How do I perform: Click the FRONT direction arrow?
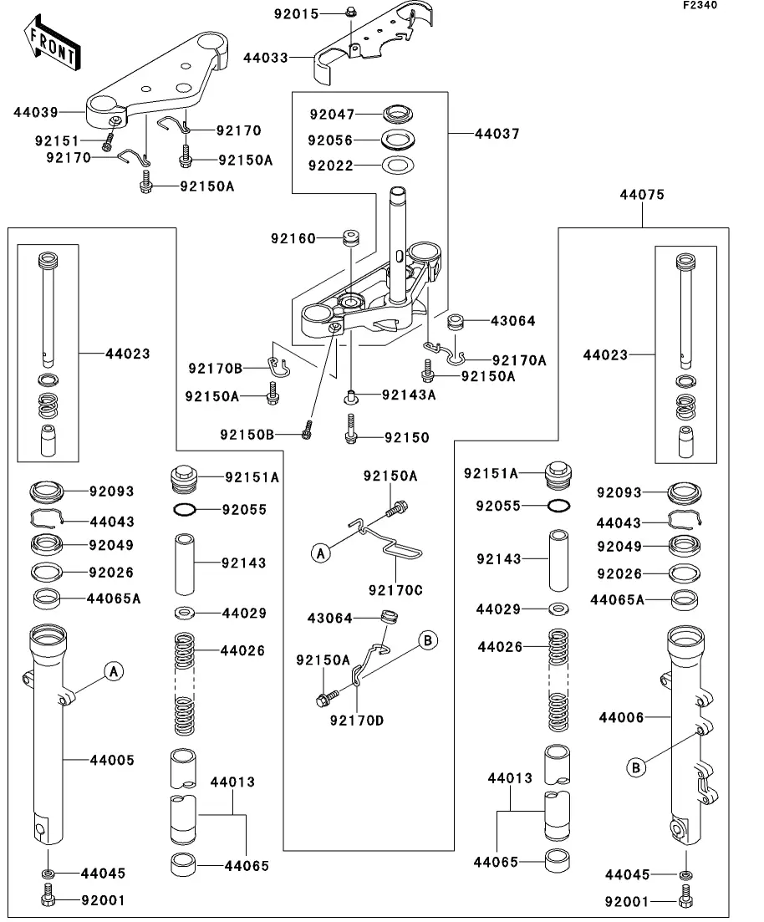pos(53,43)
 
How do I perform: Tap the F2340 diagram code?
pos(700,5)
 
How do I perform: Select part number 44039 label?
pos(36,112)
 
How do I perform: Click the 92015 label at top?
pos(297,13)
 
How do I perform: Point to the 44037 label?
pos(497,134)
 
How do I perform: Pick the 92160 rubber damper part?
pos(351,238)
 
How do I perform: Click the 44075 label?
pos(642,195)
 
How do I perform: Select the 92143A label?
pos(409,395)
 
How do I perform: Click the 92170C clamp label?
pos(395,590)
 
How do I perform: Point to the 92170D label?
pos(357,721)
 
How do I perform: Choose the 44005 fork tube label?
pos(112,761)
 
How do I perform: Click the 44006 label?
pos(622,717)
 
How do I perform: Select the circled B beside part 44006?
pos(636,768)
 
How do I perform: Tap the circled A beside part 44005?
pos(114,671)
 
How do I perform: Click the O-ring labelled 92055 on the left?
pos(187,510)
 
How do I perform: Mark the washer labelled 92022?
pos(398,166)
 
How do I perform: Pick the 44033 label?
pos(266,58)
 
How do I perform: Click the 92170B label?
pos(216,369)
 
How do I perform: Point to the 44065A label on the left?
pos(114,599)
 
